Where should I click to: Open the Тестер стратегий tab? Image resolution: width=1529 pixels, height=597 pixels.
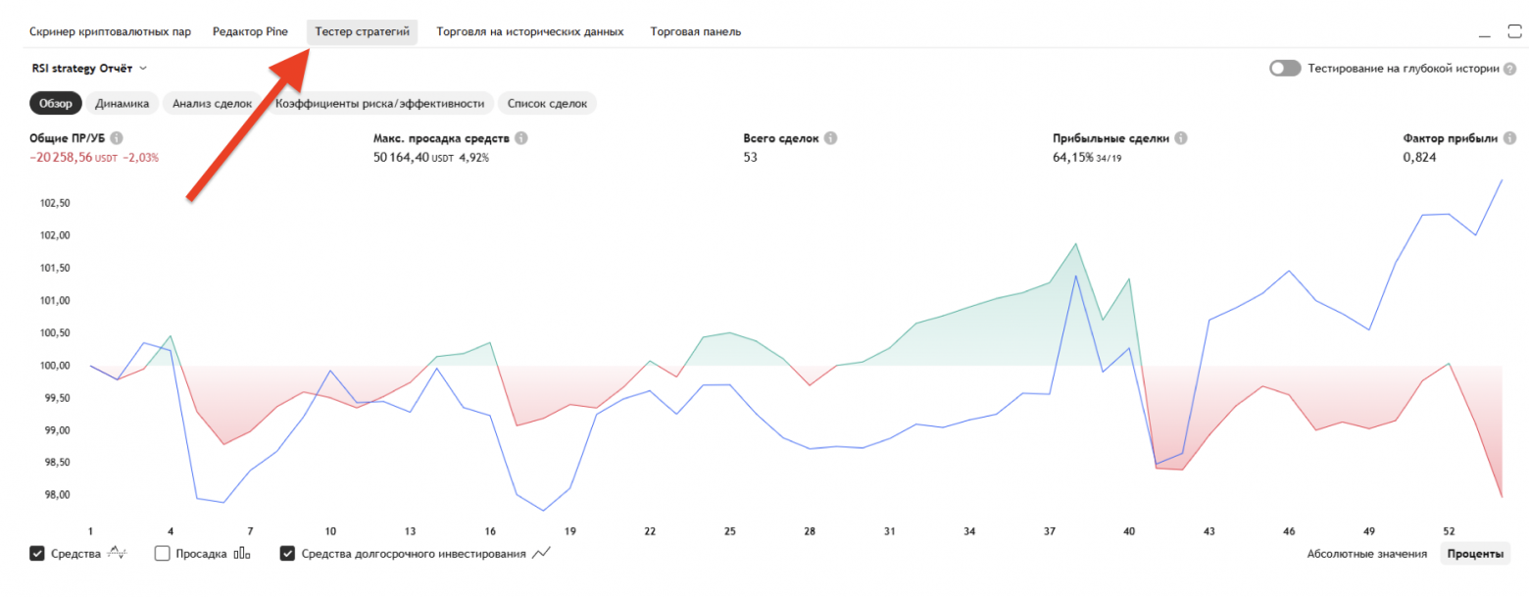pyautogui.click(x=362, y=31)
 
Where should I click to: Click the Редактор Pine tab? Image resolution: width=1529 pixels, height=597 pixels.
pyautogui.click(x=250, y=31)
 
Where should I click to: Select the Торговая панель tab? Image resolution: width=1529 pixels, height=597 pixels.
pyautogui.click(x=695, y=31)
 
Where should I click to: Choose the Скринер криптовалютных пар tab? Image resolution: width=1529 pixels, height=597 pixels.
pyautogui.click(x=110, y=31)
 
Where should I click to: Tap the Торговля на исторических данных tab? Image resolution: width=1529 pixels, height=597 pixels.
pyautogui.click(x=529, y=31)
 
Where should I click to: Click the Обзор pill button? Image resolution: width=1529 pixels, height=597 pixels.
pyautogui.click(x=57, y=103)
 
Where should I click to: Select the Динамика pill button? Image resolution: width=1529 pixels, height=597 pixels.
pyautogui.click(x=122, y=103)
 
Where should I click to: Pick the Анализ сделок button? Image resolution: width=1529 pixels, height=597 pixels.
pyautogui.click(x=212, y=103)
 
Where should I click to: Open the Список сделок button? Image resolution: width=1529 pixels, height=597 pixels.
pyautogui.click(x=547, y=103)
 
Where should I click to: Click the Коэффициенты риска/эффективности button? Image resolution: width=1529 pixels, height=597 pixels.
pyautogui.click(x=380, y=103)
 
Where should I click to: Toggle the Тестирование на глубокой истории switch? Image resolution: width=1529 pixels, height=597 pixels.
pyautogui.click(x=1284, y=69)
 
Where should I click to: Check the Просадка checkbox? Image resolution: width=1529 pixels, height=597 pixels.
pyautogui.click(x=163, y=554)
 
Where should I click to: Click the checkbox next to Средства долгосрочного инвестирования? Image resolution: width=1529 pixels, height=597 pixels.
pyautogui.click(x=288, y=554)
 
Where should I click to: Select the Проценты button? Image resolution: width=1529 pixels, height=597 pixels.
pyautogui.click(x=1475, y=554)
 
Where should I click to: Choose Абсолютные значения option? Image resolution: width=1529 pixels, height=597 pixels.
pyautogui.click(x=1366, y=554)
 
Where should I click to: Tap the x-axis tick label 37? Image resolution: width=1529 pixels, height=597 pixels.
pyautogui.click(x=1050, y=531)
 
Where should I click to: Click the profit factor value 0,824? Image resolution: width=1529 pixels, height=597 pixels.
pyautogui.click(x=1419, y=157)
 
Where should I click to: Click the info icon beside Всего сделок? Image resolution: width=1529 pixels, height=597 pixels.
pyautogui.click(x=830, y=139)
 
